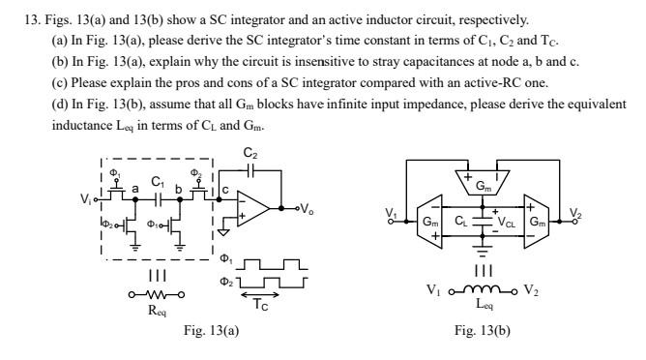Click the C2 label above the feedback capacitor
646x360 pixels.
click(251, 153)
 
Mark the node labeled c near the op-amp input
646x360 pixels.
click(224, 190)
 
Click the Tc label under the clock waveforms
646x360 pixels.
click(259, 303)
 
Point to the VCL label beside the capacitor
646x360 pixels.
click(506, 221)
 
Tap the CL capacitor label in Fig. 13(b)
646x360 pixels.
click(462, 221)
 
